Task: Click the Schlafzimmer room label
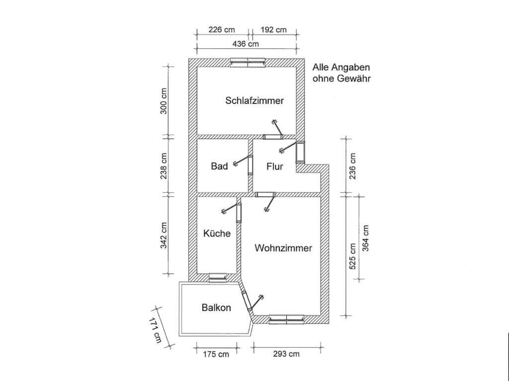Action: click(x=254, y=100)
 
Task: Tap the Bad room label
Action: click(x=219, y=166)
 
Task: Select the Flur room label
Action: click(x=274, y=166)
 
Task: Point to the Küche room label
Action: click(x=217, y=233)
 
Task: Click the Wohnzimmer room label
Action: click(x=283, y=248)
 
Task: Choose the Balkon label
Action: click(x=216, y=307)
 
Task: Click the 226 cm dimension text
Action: click(x=221, y=30)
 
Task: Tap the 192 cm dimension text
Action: click(x=274, y=30)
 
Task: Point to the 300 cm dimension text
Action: click(x=164, y=101)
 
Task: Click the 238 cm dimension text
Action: click(x=164, y=165)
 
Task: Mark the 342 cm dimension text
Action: click(x=164, y=235)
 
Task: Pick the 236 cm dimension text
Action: click(x=353, y=165)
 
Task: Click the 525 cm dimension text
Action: click(x=353, y=256)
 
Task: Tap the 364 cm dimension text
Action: click(x=366, y=238)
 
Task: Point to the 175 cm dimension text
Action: click(x=217, y=354)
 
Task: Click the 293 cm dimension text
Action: click(x=287, y=354)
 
